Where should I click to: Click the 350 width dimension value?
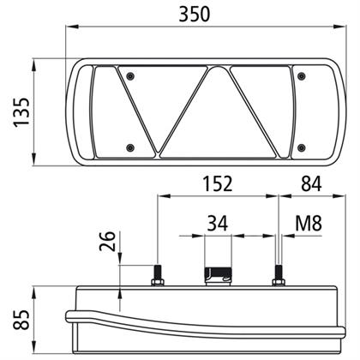click(x=195, y=15)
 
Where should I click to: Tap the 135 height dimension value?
click(x=21, y=112)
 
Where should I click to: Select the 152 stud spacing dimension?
click(x=218, y=183)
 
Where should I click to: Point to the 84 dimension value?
click(x=311, y=183)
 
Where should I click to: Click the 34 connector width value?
click(x=218, y=224)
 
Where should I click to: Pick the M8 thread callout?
click(x=309, y=223)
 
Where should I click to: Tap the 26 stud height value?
click(x=107, y=242)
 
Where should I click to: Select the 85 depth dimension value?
click(x=21, y=320)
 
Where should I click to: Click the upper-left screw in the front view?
click(x=130, y=76)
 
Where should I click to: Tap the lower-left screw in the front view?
click(x=130, y=147)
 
